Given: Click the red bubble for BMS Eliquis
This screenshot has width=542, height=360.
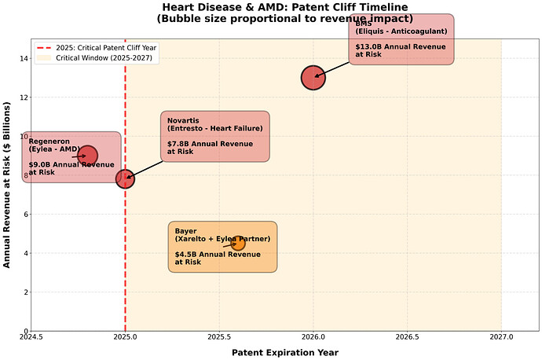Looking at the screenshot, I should (313, 77).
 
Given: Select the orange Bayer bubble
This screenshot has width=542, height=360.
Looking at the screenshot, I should (238, 243).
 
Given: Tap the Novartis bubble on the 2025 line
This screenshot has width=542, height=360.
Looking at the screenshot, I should (125, 178).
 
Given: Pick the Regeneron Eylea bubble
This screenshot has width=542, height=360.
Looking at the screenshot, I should (87, 156).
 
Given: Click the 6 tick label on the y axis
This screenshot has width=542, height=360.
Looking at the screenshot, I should (24, 214).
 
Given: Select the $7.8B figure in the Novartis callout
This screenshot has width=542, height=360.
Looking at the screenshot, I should (181, 144).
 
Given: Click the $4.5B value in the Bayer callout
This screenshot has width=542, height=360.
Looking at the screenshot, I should (189, 255).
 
